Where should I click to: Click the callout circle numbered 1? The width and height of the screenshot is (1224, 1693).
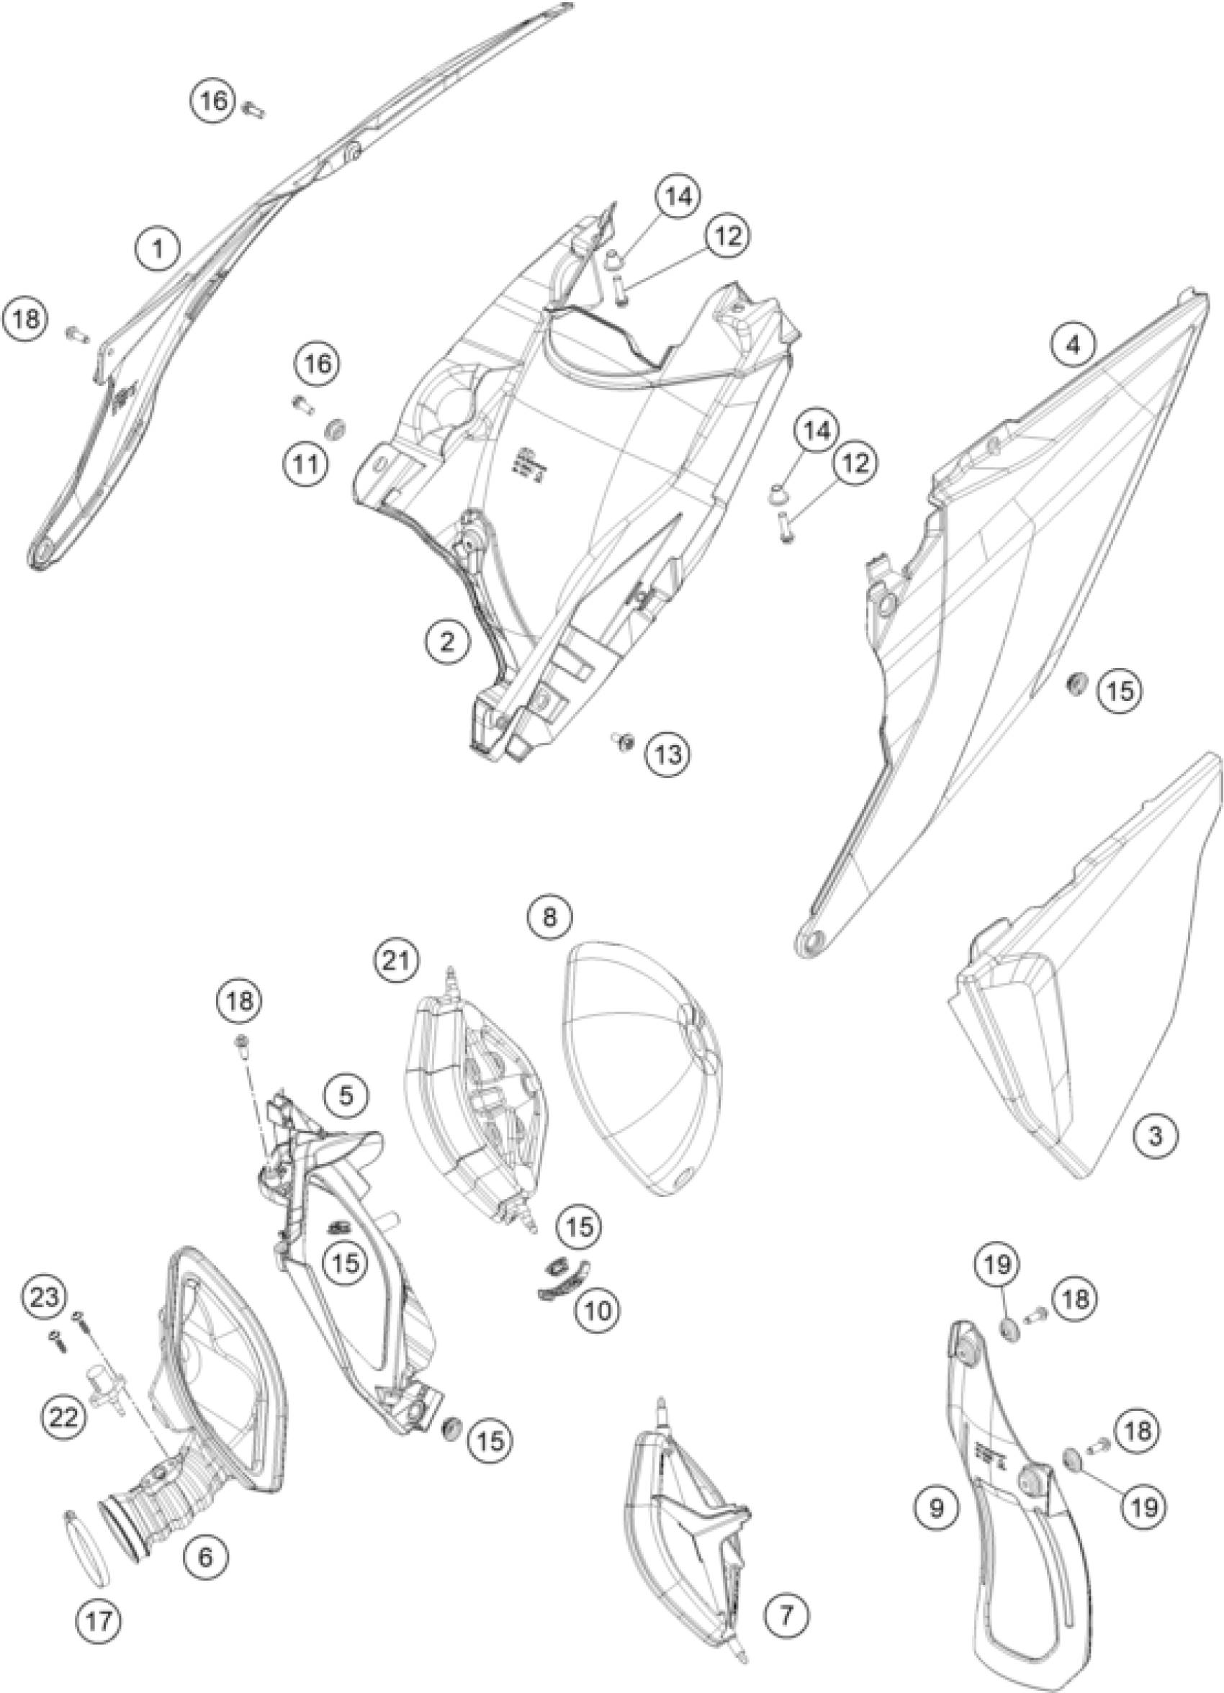[x=158, y=248]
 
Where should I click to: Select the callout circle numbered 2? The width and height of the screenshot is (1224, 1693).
[x=446, y=642]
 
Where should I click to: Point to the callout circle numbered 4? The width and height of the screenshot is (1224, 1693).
[x=1075, y=346]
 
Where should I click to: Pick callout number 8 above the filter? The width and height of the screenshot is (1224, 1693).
[x=550, y=916]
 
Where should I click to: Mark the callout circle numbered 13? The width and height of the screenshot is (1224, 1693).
[x=667, y=754]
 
